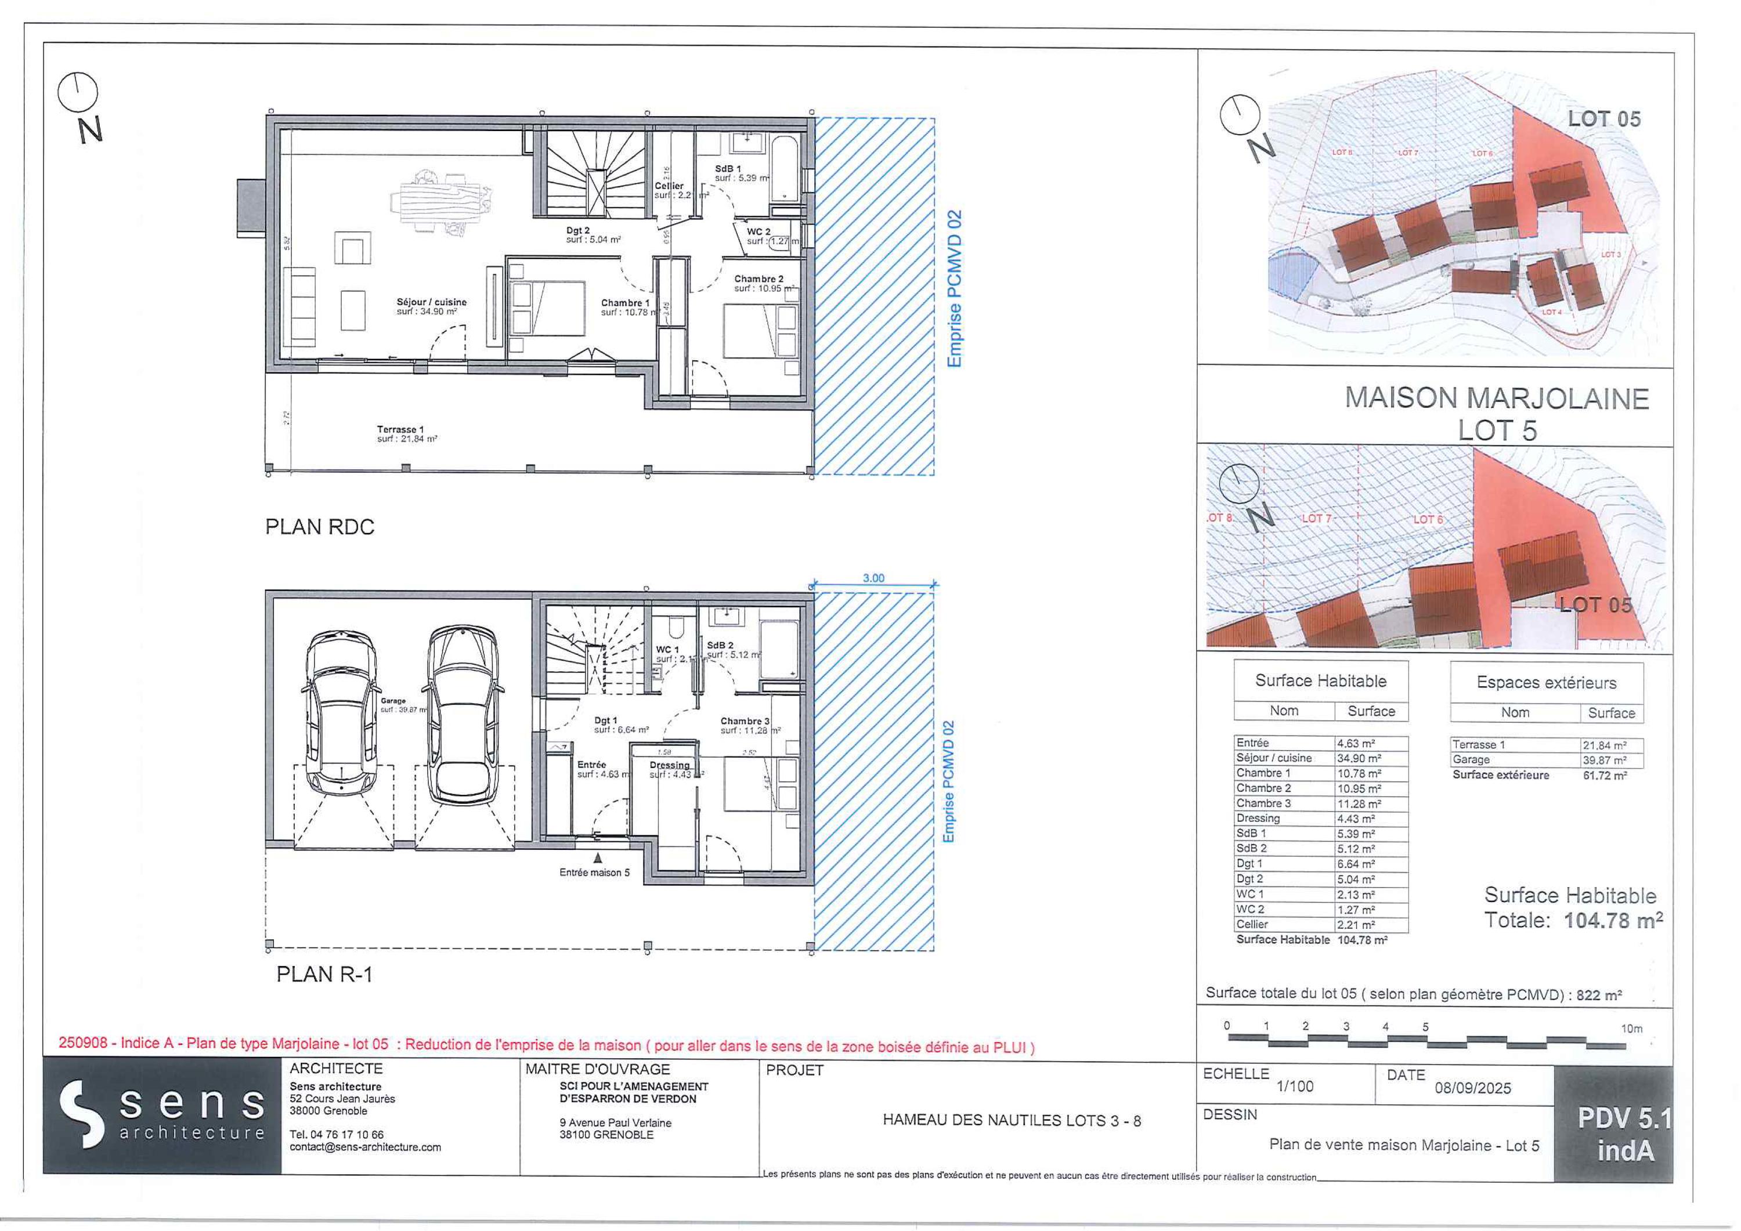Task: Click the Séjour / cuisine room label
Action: [431, 302]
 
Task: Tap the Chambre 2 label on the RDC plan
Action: [758, 279]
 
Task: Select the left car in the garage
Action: [341, 712]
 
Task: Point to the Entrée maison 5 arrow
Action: [598, 857]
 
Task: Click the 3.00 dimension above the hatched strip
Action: [873, 578]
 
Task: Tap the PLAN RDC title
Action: [319, 527]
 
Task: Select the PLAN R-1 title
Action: [324, 974]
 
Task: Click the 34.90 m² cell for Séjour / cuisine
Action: [1359, 758]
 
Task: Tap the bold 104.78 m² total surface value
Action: [1613, 920]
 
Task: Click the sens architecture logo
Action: [161, 1120]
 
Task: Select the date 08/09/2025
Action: [1472, 1088]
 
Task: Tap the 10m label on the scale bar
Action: [1631, 1029]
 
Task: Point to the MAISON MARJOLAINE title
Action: [1496, 399]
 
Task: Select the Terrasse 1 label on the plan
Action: [400, 430]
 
